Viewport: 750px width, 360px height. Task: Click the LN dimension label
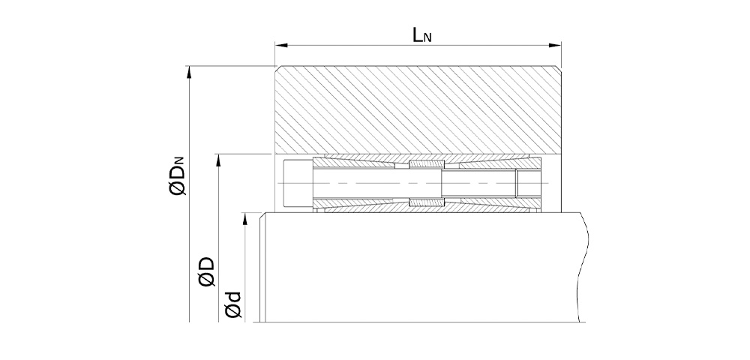422,34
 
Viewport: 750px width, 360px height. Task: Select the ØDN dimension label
180,177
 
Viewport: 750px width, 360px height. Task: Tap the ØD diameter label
207,272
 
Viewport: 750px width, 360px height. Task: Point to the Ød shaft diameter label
233,304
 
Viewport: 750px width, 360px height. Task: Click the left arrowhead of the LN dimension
280,46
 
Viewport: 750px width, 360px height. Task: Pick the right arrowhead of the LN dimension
555,46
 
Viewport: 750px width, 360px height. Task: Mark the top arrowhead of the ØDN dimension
190,72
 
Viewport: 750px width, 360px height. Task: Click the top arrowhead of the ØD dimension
218,160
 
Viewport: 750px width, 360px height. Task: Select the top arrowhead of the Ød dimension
245,218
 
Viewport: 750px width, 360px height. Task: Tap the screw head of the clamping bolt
298,183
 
